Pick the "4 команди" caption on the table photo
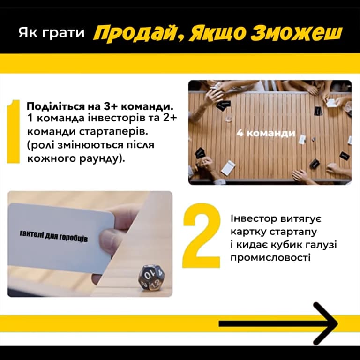pyautogui.click(x=266, y=134)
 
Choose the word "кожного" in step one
pyautogui.click(x=51, y=158)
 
